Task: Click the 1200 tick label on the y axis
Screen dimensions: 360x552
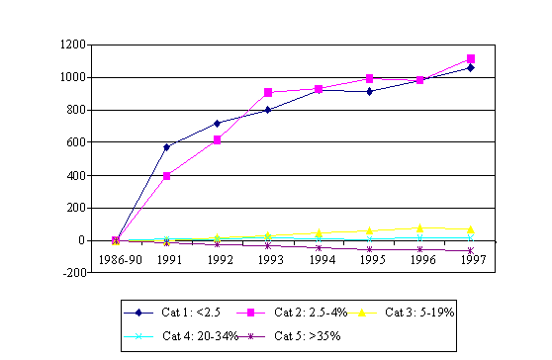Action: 71,45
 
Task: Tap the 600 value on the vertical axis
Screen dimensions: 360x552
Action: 74,142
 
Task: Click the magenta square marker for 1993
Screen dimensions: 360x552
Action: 268,92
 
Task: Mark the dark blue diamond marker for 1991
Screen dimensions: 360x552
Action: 166,147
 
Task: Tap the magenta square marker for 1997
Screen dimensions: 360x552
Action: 470,58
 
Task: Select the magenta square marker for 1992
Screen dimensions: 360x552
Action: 217,139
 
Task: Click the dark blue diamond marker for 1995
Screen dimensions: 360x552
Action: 369,91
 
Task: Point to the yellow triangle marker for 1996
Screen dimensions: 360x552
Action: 419,227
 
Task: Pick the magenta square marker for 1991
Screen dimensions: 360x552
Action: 166,175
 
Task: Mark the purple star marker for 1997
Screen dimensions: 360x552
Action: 470,250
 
